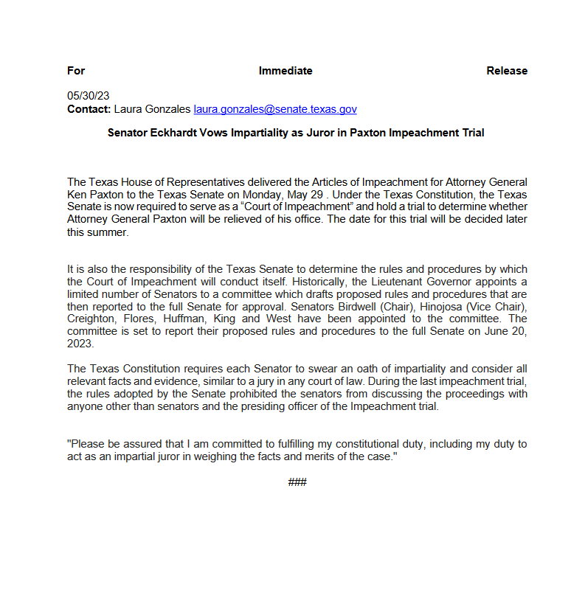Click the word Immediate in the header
tap(285, 71)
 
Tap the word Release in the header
tap(507, 71)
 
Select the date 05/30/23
tap(88, 96)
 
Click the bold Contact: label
tap(89, 109)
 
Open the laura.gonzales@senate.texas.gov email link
tap(275, 109)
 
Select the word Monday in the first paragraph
tap(278, 194)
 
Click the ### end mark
tap(297, 482)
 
